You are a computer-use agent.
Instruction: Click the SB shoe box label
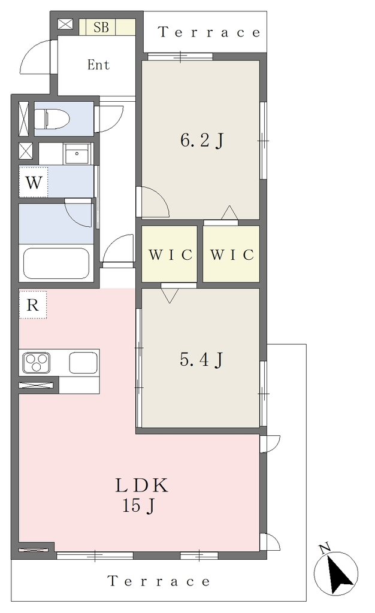click(101, 28)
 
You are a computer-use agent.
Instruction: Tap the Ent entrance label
click(98, 65)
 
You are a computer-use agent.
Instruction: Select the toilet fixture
click(52, 119)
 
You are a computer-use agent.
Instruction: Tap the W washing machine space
click(34, 182)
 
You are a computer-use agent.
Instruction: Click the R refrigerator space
click(33, 305)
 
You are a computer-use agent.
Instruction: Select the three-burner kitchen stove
click(37, 362)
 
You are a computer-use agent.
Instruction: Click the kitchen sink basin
click(83, 362)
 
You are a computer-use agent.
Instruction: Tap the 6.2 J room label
click(202, 140)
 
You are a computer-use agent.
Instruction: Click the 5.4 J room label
click(201, 359)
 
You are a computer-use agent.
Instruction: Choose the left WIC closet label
click(171, 255)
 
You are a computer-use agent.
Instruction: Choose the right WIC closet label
click(232, 255)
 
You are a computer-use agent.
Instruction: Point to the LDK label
click(141, 485)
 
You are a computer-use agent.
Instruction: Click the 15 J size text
click(139, 506)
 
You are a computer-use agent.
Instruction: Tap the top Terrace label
click(209, 32)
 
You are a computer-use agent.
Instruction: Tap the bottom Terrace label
click(159, 581)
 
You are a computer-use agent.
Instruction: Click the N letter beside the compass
click(325, 548)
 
